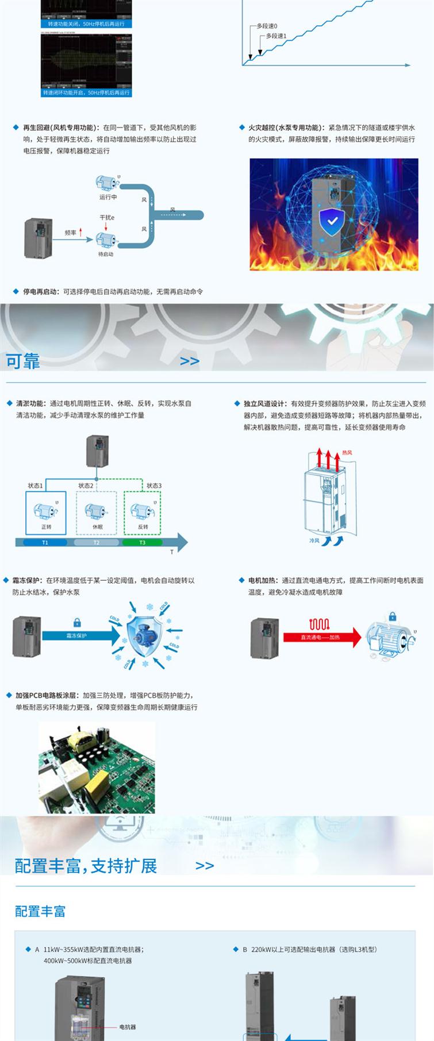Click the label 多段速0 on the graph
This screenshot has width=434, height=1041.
(267, 26)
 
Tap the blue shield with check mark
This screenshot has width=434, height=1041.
(332, 223)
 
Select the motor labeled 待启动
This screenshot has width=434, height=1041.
(106, 240)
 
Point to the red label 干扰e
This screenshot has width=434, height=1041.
(107, 218)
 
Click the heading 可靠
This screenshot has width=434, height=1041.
(23, 361)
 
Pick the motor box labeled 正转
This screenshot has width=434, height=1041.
(46, 512)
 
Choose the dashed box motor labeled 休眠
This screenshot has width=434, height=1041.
(97, 512)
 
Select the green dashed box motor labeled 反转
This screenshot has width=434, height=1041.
(143, 512)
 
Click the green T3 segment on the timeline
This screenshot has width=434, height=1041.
(142, 542)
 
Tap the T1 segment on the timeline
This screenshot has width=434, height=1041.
(45, 542)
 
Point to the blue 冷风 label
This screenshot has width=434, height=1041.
(314, 541)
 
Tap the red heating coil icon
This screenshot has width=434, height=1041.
(319, 624)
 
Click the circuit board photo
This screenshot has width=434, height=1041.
(97, 768)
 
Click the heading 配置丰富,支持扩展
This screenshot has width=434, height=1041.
(86, 866)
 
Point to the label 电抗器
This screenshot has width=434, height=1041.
(128, 1027)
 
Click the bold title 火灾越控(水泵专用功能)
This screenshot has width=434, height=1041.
(284, 128)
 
